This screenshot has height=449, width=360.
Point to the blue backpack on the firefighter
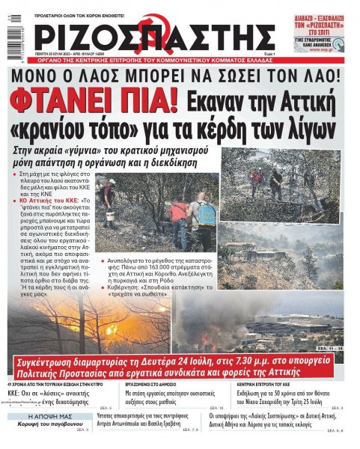pos(207,215)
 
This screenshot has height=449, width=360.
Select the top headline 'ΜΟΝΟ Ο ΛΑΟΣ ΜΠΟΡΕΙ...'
pos(180,76)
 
